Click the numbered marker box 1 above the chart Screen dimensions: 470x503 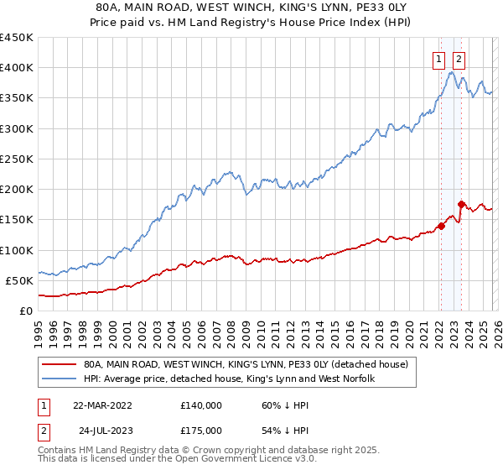coord(439,59)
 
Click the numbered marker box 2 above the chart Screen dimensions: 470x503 coord(459,59)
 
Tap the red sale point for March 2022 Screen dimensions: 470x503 coord(441,226)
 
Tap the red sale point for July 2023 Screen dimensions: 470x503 coord(461,204)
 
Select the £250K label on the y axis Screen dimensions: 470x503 coord(17,159)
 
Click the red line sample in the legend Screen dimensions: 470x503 coord(60,364)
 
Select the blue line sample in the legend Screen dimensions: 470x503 coord(60,379)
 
